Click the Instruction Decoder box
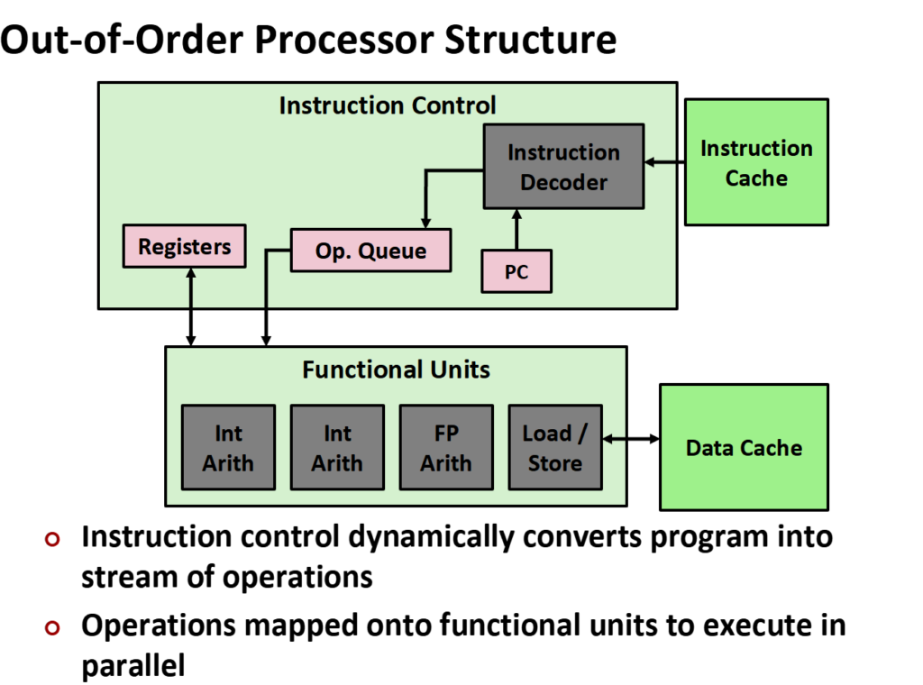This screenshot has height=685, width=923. pos(563,167)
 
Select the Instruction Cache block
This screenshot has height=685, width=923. pos(756,162)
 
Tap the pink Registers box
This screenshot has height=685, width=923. pos(184,247)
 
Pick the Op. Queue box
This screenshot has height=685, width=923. pos(370,250)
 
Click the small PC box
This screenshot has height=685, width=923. pos(516,271)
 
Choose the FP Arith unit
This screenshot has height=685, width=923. pos(446,448)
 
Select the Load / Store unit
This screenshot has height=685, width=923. pos(555,448)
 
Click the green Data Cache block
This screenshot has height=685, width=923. pos(744,447)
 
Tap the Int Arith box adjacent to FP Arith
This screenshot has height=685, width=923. pos(337,448)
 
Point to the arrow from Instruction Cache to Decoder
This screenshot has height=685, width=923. pos(664,162)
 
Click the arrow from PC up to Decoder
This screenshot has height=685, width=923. pos(516,230)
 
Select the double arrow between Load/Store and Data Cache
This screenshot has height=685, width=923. pos(631,439)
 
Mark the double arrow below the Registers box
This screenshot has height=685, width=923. pos(191,306)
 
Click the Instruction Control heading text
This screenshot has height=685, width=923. pos(388,105)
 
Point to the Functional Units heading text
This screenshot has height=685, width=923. pos(396,370)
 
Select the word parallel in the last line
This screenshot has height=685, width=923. pos(133,666)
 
